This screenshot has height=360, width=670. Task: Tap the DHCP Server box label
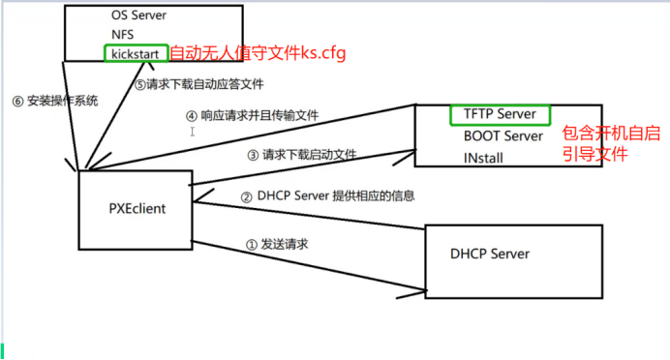coord(490,254)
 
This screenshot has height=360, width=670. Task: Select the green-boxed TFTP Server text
coord(500,114)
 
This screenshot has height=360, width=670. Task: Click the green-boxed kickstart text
coord(136,52)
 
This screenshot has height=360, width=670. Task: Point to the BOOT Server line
coord(502,136)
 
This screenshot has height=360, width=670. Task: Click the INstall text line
coord(483,158)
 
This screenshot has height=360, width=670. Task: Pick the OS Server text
coord(139,15)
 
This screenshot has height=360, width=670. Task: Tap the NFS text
coord(125,34)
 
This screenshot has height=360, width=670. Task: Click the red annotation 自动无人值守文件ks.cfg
coord(257,52)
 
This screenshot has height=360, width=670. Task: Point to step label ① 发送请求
coord(278,246)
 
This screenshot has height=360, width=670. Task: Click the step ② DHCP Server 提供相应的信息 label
coord(328,195)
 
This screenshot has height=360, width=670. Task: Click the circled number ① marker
coord(252,246)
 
